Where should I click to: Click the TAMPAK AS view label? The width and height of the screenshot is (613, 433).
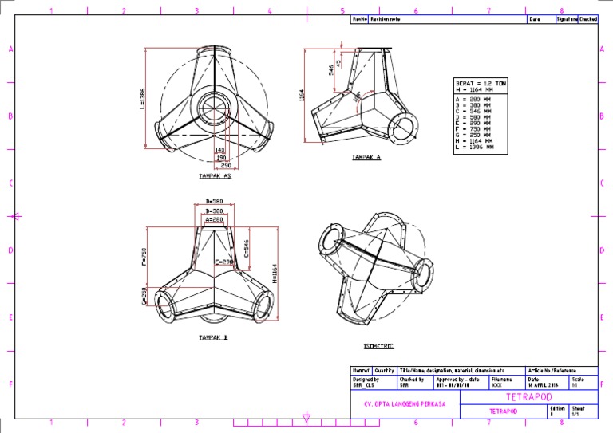click(x=215, y=175)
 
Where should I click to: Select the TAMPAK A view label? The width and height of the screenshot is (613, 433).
click(x=367, y=158)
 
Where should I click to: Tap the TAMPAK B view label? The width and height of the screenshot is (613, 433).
click(x=213, y=338)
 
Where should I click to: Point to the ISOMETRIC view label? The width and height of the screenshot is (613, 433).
click(x=378, y=346)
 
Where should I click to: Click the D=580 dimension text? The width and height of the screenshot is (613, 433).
click(x=214, y=201)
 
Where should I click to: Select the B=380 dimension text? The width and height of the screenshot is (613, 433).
click(x=214, y=211)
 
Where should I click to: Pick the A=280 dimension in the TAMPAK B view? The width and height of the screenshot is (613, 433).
click(x=214, y=219)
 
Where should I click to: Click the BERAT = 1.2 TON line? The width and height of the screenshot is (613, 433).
click(x=480, y=83)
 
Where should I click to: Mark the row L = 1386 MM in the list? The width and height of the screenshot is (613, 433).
click(x=474, y=148)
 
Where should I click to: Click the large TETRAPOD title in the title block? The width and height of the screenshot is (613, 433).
click(x=528, y=396)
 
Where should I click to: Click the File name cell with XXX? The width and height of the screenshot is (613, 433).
click(x=497, y=384)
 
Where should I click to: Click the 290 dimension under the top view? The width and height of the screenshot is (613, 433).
click(x=226, y=165)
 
